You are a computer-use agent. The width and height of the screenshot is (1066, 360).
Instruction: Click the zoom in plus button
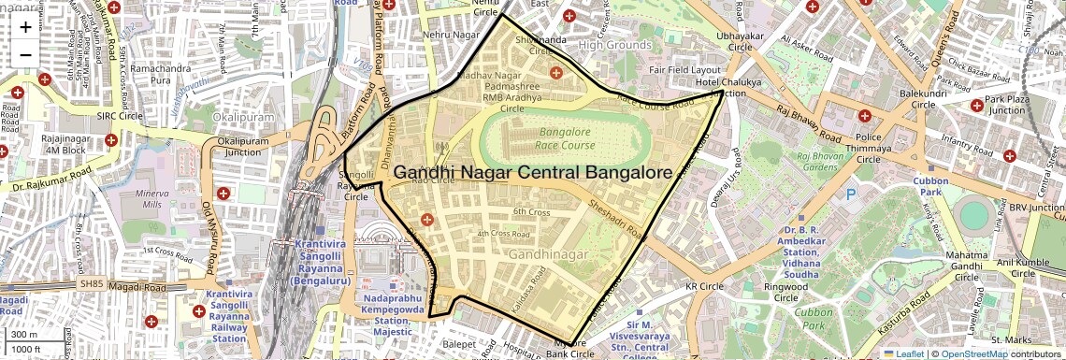click(x=25, y=26)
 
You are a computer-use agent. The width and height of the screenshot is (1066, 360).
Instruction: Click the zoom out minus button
click(x=25, y=54)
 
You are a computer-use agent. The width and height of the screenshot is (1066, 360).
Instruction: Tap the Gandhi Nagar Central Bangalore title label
click(x=533, y=173)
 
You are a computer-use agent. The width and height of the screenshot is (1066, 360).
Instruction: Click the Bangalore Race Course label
click(x=565, y=139)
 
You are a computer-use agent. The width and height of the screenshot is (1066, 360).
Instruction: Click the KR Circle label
click(x=704, y=286)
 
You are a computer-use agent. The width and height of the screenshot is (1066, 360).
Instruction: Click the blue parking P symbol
click(x=851, y=194)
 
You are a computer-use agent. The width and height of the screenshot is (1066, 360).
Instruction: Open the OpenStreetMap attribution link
click(x=972, y=353)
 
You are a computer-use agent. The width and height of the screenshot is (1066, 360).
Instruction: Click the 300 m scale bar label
click(x=25, y=335)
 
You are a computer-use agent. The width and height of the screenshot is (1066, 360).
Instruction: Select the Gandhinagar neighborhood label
click(x=549, y=254)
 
